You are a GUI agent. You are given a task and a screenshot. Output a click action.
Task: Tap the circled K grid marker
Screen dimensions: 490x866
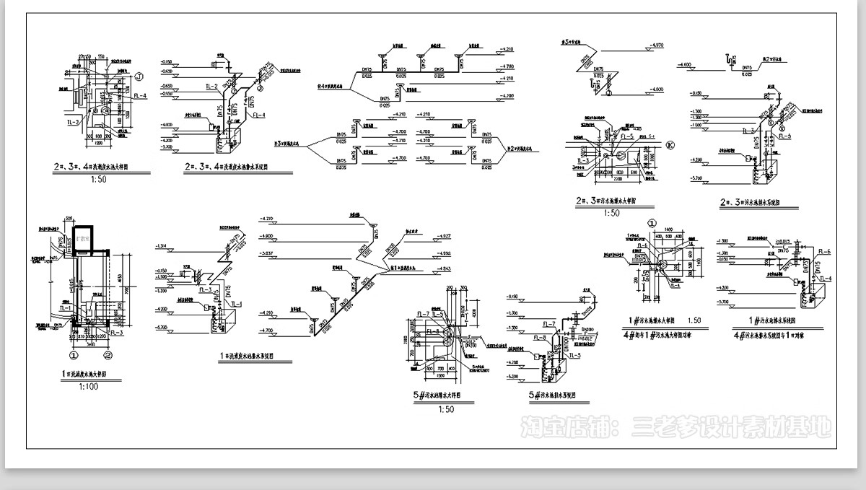(x=670, y=144)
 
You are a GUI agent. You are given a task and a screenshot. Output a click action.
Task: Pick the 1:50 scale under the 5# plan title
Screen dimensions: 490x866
(x=446, y=409)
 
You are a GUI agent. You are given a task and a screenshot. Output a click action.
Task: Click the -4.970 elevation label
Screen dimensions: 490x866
(x=656, y=45)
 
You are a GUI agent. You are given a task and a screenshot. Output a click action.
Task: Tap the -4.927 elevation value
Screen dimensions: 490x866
(x=443, y=237)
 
